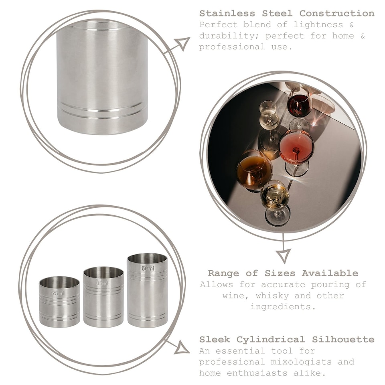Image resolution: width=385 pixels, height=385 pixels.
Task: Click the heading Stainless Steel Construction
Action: coord(287,13)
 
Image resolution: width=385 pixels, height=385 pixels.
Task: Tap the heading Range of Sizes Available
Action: coord(283,274)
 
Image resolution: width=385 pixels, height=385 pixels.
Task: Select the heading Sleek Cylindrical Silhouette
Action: coord(287,340)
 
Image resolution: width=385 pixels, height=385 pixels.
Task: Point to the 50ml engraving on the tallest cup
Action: coord(147,268)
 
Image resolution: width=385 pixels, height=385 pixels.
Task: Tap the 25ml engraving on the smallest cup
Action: coord(58,293)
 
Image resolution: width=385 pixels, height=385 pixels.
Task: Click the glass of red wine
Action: coord(299,105)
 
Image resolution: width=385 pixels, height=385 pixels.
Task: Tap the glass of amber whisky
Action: coord(254,170)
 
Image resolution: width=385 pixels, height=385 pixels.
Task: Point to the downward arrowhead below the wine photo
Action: coord(283,255)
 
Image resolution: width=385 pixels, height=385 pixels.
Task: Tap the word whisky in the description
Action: coord(278,296)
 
